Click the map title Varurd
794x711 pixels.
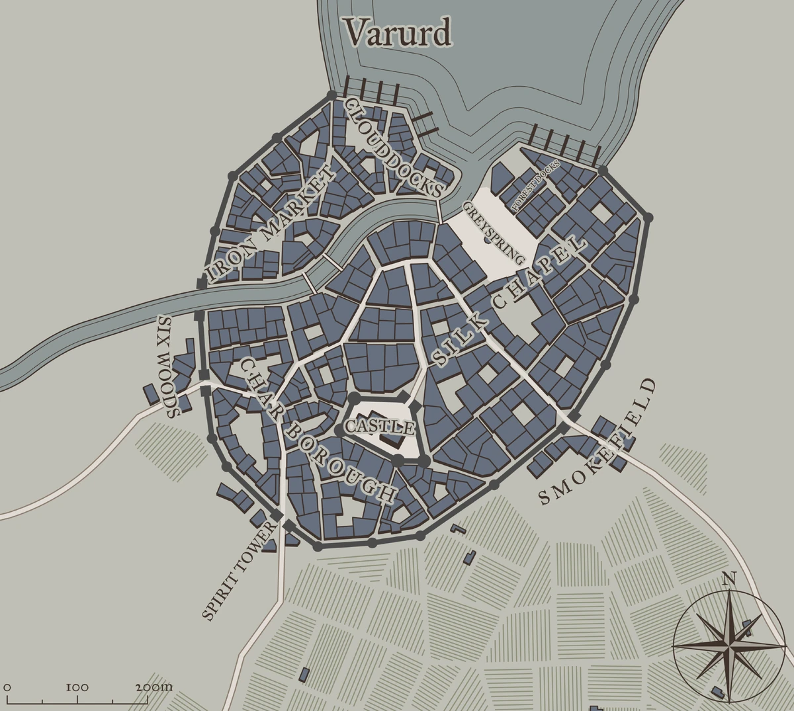click(398, 32)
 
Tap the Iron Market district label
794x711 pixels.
click(270, 225)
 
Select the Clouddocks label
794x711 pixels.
click(394, 147)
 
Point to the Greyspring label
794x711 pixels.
click(495, 233)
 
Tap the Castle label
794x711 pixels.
click(380, 427)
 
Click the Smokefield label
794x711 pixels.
click(598, 443)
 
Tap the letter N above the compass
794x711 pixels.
click(728, 579)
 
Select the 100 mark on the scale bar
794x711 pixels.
click(77, 687)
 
